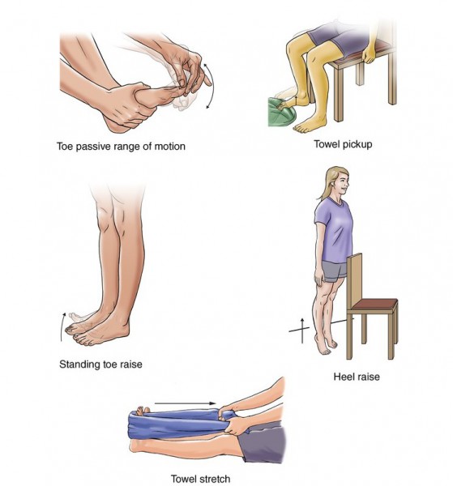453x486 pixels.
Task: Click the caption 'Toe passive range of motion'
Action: click(121, 147)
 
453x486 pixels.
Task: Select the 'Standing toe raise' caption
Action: click(100, 364)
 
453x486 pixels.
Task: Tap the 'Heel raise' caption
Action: click(357, 377)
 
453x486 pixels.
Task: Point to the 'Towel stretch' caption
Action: click(200, 479)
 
